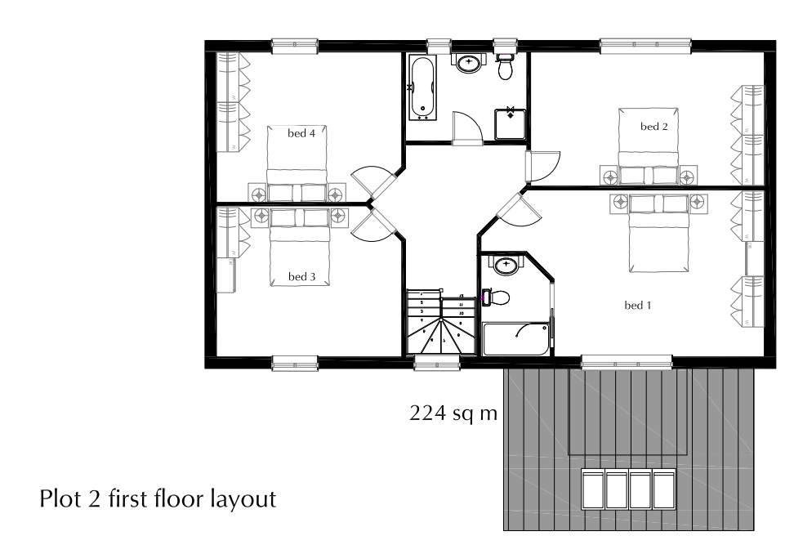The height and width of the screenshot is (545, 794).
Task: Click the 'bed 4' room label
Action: (x=301, y=132)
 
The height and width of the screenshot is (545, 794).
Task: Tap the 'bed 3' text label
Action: (x=301, y=277)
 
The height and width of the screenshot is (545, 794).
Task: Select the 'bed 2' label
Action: (x=654, y=127)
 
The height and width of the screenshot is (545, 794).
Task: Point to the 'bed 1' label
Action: (x=638, y=306)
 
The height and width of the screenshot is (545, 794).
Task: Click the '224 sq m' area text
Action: (x=453, y=413)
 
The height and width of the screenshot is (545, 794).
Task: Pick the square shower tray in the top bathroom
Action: (x=510, y=124)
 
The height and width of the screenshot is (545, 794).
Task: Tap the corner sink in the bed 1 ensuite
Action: (x=506, y=265)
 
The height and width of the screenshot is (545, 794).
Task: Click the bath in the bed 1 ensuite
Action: (x=515, y=339)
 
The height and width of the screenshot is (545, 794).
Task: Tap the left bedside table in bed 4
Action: (x=258, y=194)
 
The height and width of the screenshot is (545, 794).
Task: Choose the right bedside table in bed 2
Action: (x=689, y=175)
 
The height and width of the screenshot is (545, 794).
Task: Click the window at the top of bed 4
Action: (x=294, y=45)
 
